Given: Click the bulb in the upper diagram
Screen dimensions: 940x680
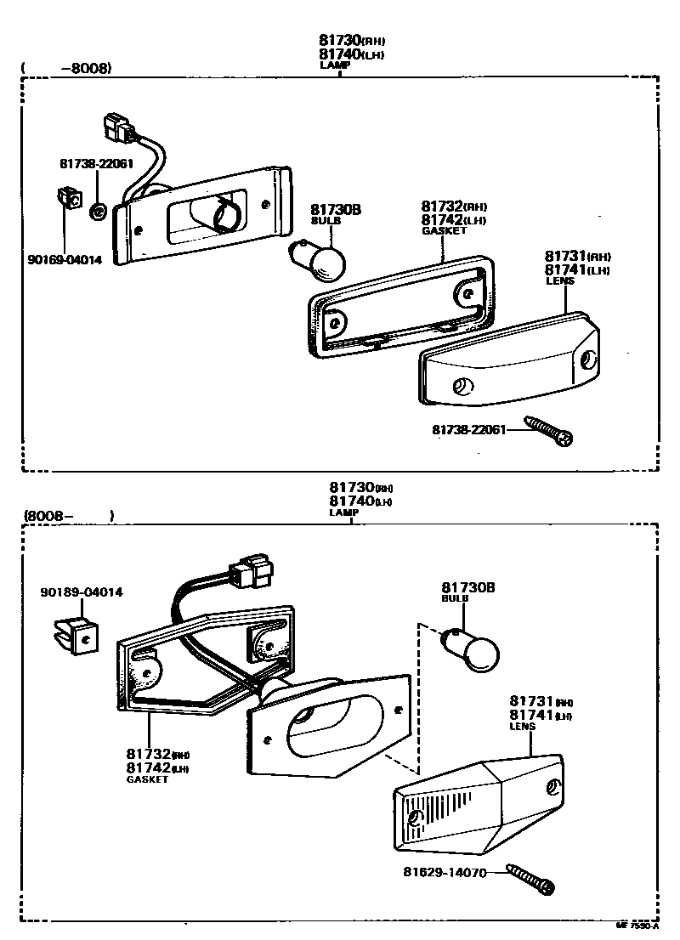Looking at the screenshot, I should pos(321,260).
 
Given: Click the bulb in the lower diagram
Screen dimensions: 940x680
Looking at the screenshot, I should pos(475,650).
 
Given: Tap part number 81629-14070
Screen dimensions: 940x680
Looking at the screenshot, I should pos(445,873).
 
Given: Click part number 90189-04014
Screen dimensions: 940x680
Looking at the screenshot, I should pos(81,592).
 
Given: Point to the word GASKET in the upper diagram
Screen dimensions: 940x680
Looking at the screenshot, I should pos(444,230).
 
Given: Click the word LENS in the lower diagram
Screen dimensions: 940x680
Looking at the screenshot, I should pos(522,728).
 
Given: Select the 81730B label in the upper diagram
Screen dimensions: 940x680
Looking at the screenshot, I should pos(335,209).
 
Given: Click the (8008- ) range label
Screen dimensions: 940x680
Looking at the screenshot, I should pos(69,515).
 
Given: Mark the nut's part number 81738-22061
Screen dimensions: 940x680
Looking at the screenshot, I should pos(97,162).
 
